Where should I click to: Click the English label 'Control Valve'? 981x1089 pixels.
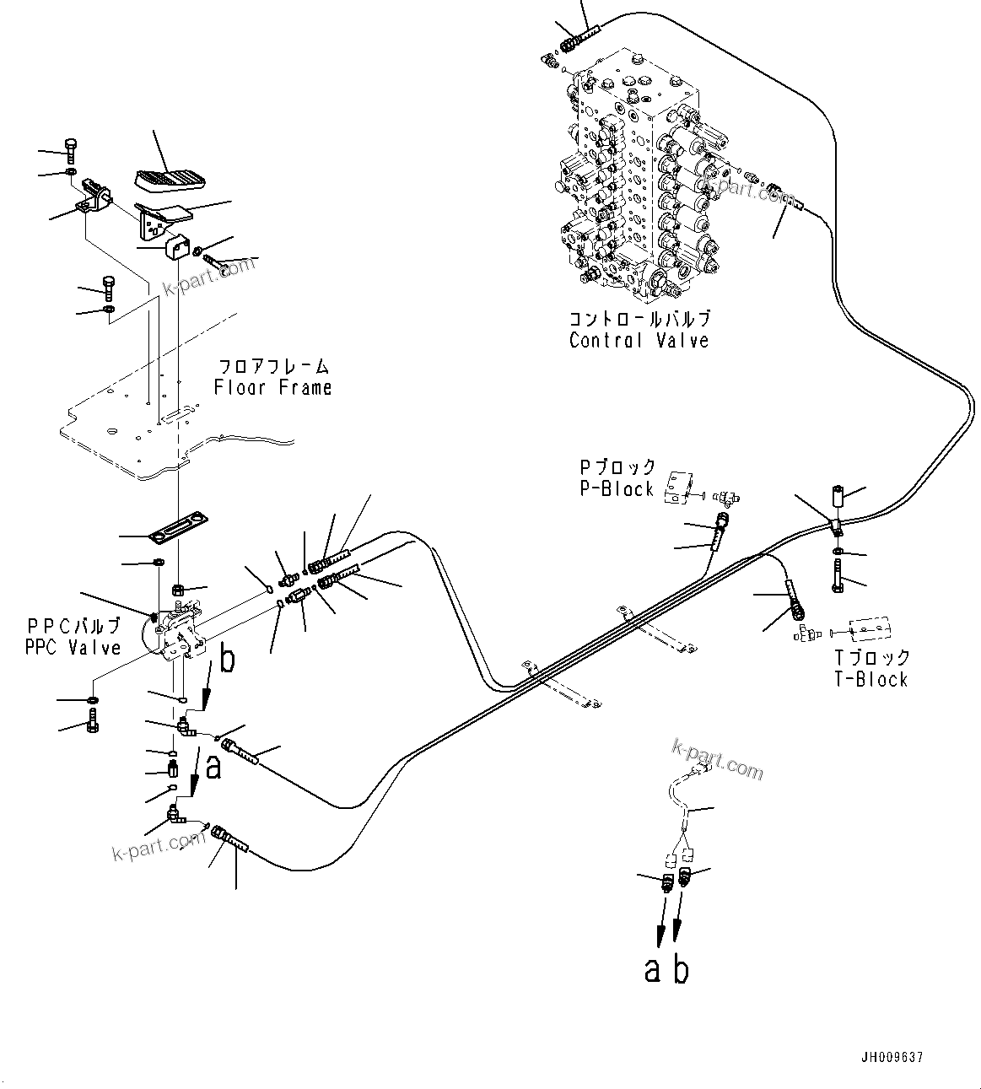[x=639, y=341]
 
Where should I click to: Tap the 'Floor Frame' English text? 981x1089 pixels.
[x=272, y=388]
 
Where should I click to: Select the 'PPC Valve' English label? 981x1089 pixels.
[x=73, y=648]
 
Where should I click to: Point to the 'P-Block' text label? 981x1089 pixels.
[x=616, y=489]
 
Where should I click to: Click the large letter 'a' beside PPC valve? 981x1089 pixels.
[x=213, y=766]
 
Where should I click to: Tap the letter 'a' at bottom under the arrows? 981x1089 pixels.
[x=653, y=970]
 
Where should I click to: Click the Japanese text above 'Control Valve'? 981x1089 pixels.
[x=639, y=319]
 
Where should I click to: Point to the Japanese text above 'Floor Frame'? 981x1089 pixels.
[x=272, y=366]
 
